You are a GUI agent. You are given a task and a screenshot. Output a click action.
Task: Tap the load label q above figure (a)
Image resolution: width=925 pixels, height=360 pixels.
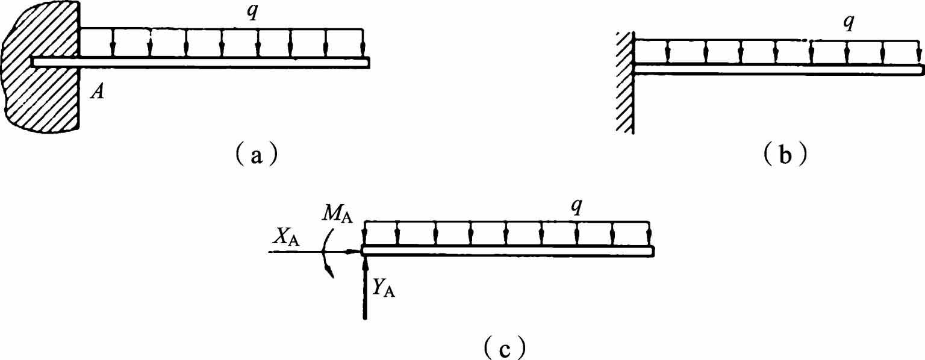252,13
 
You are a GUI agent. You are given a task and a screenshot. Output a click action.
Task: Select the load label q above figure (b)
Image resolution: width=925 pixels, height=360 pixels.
848,24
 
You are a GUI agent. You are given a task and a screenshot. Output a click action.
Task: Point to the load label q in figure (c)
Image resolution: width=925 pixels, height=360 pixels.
576,207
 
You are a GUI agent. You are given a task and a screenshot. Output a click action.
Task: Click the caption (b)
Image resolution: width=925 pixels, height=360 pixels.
785,154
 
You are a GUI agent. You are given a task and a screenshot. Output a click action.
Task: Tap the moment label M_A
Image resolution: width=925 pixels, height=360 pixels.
338,215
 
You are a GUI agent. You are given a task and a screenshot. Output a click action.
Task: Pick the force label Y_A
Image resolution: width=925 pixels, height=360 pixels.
383,288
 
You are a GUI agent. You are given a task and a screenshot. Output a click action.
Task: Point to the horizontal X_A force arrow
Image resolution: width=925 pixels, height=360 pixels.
314,251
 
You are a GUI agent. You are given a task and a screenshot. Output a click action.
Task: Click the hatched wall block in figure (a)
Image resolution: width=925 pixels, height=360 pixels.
42,66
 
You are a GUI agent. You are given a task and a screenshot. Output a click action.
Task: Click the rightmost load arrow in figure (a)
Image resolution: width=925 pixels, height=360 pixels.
363,43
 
